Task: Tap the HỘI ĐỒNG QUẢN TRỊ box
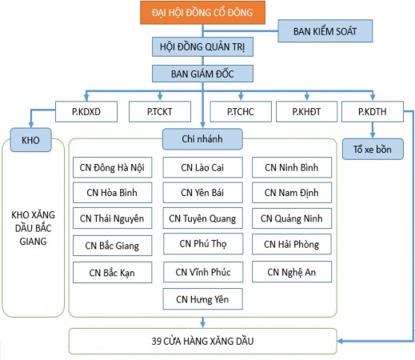pos(203,47)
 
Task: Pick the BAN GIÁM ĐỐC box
pos(203,74)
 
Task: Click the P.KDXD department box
pos(86,112)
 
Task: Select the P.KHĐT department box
pos(306,112)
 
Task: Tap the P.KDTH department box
pos(371,112)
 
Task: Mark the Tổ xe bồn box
pos(371,150)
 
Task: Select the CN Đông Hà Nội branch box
pos(110,167)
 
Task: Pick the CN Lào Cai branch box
pos(203,167)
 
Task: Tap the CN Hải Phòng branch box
pos(291,246)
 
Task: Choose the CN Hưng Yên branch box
pos(203,299)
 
